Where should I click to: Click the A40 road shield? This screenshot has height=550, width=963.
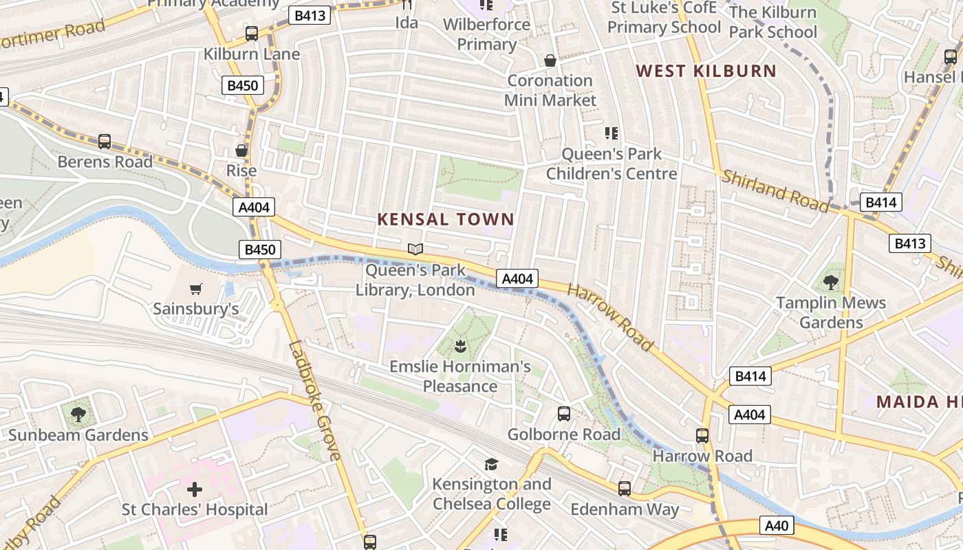tap(777, 526)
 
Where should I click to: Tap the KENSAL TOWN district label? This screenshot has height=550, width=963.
tap(446, 219)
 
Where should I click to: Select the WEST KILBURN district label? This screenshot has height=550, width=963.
tap(706, 71)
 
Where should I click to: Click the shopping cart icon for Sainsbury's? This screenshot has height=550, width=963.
tap(196, 289)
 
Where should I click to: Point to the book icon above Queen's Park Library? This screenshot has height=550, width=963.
tap(415, 249)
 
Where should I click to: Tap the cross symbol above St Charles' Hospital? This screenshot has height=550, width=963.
tap(195, 489)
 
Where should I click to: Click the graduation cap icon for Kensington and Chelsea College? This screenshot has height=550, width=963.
tap(491, 464)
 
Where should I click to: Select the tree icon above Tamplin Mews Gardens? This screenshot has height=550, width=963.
tap(831, 282)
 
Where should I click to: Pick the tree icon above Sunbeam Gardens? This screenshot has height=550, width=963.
tap(78, 414)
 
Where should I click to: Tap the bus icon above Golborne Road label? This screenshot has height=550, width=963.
tap(563, 413)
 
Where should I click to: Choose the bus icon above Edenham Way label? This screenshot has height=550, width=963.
tap(624, 489)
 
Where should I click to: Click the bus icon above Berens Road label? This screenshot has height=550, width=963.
tap(105, 141)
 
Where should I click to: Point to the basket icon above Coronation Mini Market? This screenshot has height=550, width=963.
tap(550, 60)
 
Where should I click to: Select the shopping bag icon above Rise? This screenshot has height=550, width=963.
tap(241, 150)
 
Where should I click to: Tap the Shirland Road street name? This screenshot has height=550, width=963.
tap(775, 190)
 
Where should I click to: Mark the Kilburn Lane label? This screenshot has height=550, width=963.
tap(252, 54)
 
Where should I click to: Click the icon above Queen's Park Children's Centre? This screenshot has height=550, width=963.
tap(612, 133)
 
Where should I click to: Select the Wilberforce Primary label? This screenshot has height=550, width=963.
tap(486, 34)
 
